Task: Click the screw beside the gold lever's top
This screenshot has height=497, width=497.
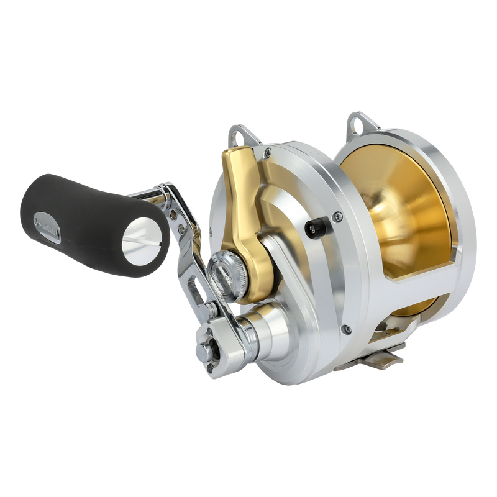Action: [x=267, y=149]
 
